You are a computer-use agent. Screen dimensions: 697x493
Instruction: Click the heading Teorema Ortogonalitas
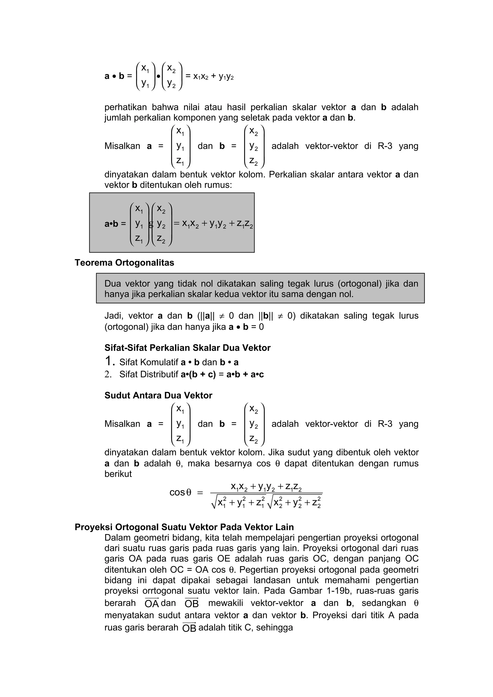tap(124, 263)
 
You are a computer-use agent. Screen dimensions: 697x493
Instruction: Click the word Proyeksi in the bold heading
tap(94, 527)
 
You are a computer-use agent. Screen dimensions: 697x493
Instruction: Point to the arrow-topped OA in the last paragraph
tap(152, 603)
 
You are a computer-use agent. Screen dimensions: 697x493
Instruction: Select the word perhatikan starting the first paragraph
tap(125, 107)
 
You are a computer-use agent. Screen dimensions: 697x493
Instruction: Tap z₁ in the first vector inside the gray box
tap(139, 239)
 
